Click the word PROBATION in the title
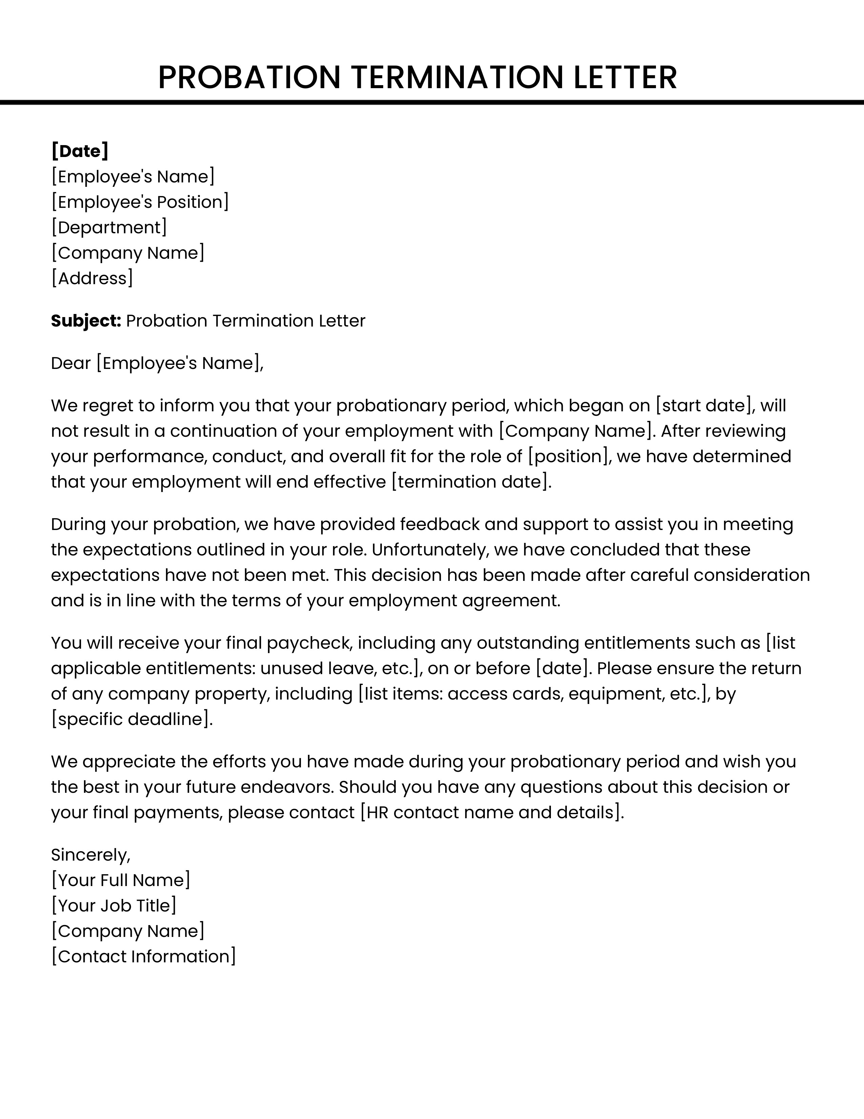pyautogui.click(x=249, y=78)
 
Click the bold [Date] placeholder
pyautogui.click(x=80, y=151)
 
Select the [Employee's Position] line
pyautogui.click(x=140, y=202)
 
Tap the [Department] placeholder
pyautogui.click(x=109, y=228)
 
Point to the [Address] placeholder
pyautogui.click(x=92, y=278)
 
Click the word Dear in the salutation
pyautogui.click(x=70, y=363)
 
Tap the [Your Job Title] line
pyautogui.click(x=114, y=906)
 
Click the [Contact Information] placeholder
pyautogui.click(x=143, y=957)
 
